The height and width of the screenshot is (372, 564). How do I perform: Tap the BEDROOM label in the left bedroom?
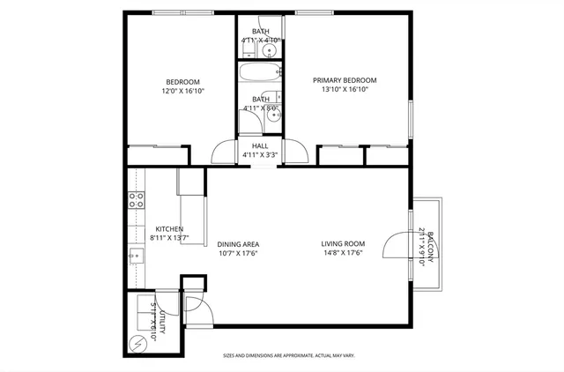tap(182, 81)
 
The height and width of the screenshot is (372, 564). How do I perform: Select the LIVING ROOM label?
tap(343, 244)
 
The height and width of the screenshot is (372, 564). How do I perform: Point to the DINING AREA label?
tap(238, 244)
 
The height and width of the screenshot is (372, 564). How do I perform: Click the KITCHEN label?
tap(168, 228)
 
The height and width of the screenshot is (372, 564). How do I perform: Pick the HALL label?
tap(260, 145)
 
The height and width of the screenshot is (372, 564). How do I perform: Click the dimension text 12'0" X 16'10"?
tap(182, 91)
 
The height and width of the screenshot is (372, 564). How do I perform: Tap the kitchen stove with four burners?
tap(137, 200)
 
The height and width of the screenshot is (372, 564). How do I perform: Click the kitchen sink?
tap(136, 256)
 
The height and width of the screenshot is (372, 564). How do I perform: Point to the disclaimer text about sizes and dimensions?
tap(288, 355)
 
